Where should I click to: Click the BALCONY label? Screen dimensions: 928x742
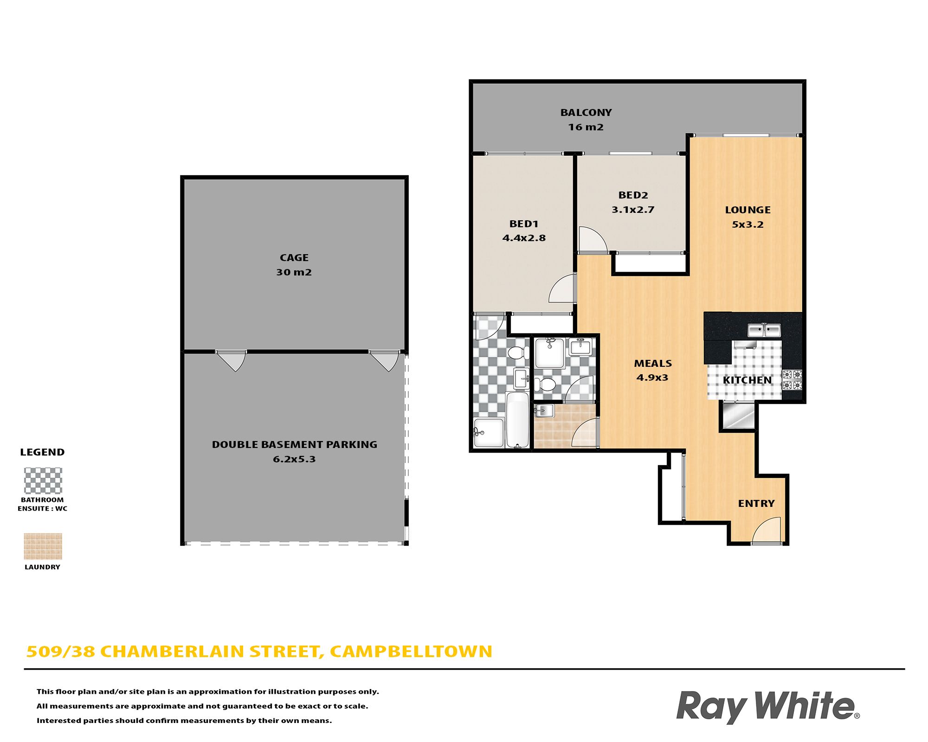coord(586,113)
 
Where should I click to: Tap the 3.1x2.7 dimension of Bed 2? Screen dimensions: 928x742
coord(633,210)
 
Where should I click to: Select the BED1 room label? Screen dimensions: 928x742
coord(524,224)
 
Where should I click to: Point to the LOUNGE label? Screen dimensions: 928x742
coord(748,210)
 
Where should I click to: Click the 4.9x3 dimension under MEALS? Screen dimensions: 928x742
coord(652,377)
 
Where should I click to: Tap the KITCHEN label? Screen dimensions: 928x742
coord(747,380)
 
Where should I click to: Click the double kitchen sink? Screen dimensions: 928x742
coord(764,330)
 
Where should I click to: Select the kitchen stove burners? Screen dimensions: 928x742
coord(792,380)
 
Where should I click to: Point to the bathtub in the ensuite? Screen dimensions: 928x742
coord(517,420)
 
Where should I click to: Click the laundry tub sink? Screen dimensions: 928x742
coord(544,411)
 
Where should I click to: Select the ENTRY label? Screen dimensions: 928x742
coord(756,504)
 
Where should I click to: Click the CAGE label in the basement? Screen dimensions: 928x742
coord(294,258)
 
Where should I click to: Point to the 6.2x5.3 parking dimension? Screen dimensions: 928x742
coord(294,459)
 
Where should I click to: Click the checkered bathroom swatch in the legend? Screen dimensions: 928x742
coord(43,480)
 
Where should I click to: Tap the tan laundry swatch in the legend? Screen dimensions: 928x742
coord(43,546)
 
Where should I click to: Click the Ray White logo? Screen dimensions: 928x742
coord(768,706)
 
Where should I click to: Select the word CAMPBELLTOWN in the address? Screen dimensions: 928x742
coord(411,652)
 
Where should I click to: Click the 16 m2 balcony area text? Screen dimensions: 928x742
coord(586,127)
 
